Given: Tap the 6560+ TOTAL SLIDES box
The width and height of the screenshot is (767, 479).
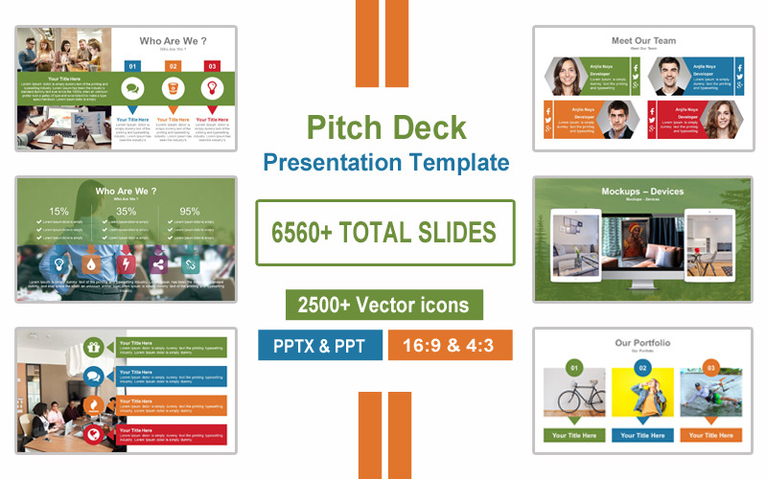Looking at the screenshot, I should tap(384, 232).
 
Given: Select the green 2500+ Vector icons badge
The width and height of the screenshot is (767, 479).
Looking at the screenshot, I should tap(383, 305).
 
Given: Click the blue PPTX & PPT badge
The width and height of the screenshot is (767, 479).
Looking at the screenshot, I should tap(319, 345).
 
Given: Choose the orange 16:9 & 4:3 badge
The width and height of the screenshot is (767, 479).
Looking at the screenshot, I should tap(450, 345).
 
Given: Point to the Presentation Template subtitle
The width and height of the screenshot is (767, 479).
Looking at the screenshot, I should tap(385, 161).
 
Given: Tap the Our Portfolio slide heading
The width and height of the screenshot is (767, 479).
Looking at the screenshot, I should tap(642, 343).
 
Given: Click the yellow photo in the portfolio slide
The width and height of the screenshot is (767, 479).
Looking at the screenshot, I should tap(642, 393).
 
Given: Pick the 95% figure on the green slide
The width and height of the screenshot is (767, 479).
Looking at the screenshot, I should tap(190, 212).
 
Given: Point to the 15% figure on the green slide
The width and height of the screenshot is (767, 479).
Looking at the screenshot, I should tap(59, 212).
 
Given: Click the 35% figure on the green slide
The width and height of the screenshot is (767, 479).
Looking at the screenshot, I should tap(126, 212).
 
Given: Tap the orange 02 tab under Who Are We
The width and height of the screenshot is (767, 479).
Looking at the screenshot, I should tap(173, 66).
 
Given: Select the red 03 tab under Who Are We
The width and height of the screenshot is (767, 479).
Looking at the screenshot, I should tap(212, 66).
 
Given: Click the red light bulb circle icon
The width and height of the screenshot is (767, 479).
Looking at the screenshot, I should tap(212, 88).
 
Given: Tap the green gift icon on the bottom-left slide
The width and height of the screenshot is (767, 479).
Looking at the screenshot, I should tap(93, 348).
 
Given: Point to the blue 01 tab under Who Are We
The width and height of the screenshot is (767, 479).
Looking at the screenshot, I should tap(133, 66).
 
